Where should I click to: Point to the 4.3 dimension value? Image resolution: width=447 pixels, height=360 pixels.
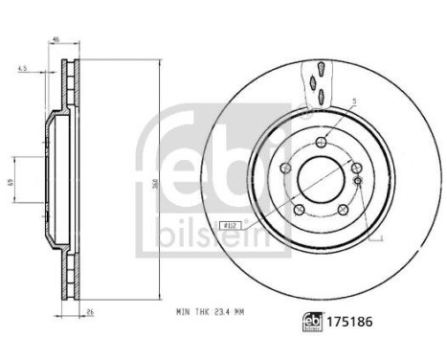[21, 69]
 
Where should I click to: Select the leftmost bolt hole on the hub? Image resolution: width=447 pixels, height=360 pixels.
[285, 169]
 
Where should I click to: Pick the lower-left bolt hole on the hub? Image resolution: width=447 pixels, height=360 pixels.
[300, 211]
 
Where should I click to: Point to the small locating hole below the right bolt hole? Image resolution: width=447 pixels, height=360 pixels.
[356, 180]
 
